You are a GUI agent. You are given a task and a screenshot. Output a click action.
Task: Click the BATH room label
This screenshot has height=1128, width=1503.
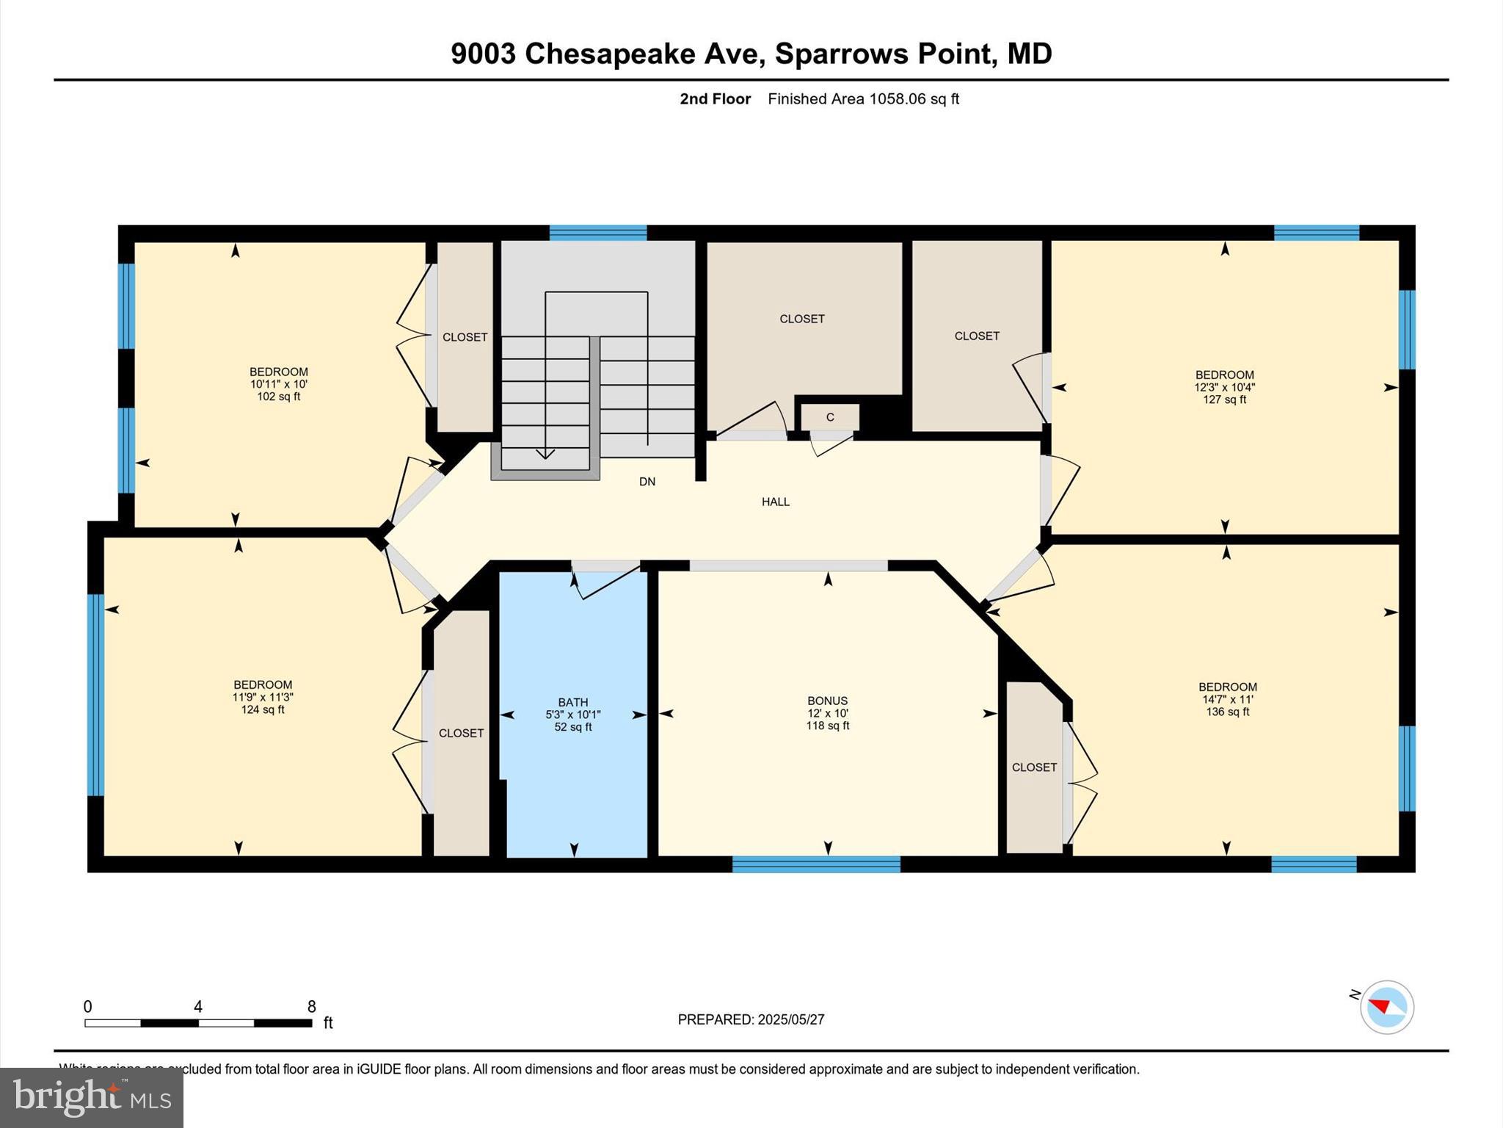[x=572, y=702]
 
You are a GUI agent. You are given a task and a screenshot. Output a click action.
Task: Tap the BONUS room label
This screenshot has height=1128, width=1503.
[x=827, y=701]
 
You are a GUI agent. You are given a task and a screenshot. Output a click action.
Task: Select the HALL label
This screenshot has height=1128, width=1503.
[x=775, y=502]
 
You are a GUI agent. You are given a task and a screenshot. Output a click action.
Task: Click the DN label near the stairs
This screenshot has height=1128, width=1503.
[x=647, y=482]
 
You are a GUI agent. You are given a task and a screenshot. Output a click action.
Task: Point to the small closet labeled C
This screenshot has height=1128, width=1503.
[x=829, y=417]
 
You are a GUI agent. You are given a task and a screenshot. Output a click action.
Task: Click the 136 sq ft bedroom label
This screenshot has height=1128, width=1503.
[x=1227, y=712]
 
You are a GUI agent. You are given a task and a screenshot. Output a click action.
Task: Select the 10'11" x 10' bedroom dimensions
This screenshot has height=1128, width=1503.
[x=278, y=384]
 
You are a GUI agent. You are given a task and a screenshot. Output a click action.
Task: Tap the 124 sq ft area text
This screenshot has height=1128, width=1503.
[x=263, y=709]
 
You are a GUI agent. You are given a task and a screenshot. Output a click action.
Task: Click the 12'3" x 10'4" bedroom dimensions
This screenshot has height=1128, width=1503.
[x=1224, y=387]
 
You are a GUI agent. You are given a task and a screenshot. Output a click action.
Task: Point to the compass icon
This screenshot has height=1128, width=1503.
[x=1386, y=1007]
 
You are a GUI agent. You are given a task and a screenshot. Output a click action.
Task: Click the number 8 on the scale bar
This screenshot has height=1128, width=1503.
[x=312, y=1006]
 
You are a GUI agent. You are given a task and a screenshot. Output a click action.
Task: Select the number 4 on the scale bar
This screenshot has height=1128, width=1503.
[x=197, y=1006]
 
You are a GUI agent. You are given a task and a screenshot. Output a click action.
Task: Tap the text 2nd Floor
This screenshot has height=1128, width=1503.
[x=715, y=99]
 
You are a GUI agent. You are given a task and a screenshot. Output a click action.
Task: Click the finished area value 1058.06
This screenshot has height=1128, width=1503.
[x=898, y=99]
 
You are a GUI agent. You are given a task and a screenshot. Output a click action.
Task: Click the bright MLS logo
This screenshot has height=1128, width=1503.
[x=92, y=1097]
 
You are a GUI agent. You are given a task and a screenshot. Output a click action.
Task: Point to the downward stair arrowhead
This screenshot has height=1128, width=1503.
[x=545, y=454]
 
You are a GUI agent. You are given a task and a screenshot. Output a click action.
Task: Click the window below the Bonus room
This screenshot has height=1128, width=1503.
[x=816, y=864]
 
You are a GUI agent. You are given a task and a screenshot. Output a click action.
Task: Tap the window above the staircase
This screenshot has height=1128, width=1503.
[x=598, y=233]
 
